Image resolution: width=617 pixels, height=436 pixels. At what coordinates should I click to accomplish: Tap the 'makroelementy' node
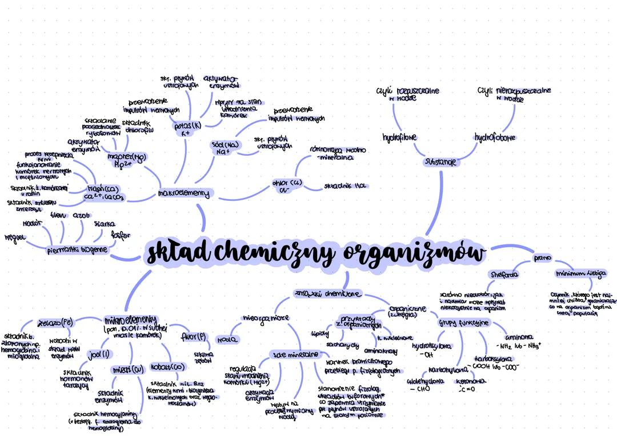coord(183,194)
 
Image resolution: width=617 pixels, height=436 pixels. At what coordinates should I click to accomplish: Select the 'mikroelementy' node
coord(131,320)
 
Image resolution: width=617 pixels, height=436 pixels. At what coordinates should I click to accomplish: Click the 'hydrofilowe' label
coord(399,138)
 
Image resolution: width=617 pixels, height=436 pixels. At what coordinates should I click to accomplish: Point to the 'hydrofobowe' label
coord(495,138)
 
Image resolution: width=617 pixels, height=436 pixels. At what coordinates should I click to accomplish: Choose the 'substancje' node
coord(440,162)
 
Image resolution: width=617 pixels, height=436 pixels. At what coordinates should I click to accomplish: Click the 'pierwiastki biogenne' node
coord(77,249)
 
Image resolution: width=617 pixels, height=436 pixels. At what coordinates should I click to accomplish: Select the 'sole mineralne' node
coord(295,354)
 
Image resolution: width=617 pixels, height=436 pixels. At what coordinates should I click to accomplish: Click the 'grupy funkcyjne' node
coord(464,323)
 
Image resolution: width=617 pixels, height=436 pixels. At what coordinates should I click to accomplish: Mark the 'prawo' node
coord(542,258)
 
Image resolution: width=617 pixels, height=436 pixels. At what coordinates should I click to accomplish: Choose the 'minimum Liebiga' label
coord(580,273)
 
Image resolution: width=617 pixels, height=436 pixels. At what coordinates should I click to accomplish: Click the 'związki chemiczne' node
coord(327,294)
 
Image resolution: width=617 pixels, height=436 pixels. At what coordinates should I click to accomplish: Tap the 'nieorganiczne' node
coord(266,317)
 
